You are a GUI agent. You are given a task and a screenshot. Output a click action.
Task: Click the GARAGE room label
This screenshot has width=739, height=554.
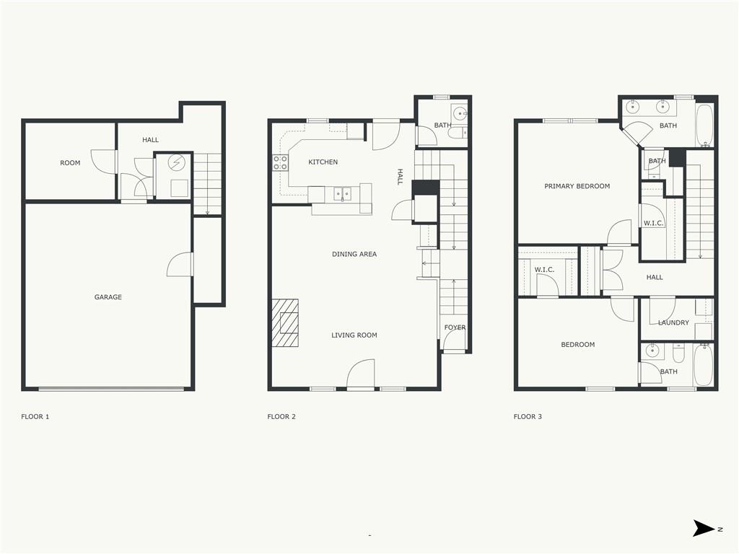pyautogui.click(x=108, y=297)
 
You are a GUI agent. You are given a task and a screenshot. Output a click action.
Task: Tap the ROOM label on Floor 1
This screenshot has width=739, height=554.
pyautogui.click(x=70, y=163)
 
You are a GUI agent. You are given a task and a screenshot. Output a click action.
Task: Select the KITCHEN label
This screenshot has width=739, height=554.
pyautogui.click(x=323, y=162)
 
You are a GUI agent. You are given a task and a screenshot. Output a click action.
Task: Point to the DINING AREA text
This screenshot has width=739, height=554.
pyautogui.click(x=354, y=255)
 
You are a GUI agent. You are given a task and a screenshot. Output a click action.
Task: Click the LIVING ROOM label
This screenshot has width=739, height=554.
pyautogui.click(x=354, y=335)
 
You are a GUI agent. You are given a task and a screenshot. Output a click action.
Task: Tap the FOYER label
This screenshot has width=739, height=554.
pyautogui.click(x=455, y=327)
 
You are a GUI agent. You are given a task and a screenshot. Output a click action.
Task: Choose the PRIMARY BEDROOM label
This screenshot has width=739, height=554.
pyautogui.click(x=577, y=186)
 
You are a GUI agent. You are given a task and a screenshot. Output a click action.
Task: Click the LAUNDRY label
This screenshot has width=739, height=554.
pyautogui.click(x=673, y=322)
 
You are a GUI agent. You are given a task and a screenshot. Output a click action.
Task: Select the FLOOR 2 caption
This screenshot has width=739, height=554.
pyautogui.click(x=281, y=417)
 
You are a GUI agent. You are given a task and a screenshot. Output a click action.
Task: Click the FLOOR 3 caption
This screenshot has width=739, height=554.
pyautogui.click(x=528, y=417)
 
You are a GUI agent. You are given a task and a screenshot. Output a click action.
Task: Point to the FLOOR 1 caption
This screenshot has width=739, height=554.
pyautogui.click(x=35, y=417)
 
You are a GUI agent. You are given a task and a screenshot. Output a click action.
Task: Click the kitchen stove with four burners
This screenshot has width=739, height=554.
pyautogui.click(x=280, y=163)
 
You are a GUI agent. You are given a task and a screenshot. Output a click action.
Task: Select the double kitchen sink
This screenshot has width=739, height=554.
pyautogui.click(x=342, y=193)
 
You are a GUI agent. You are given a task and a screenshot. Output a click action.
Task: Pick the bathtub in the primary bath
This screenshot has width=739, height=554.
pyautogui.click(x=704, y=126)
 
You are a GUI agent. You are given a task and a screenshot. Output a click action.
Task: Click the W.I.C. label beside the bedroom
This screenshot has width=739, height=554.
pyautogui.click(x=544, y=270)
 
